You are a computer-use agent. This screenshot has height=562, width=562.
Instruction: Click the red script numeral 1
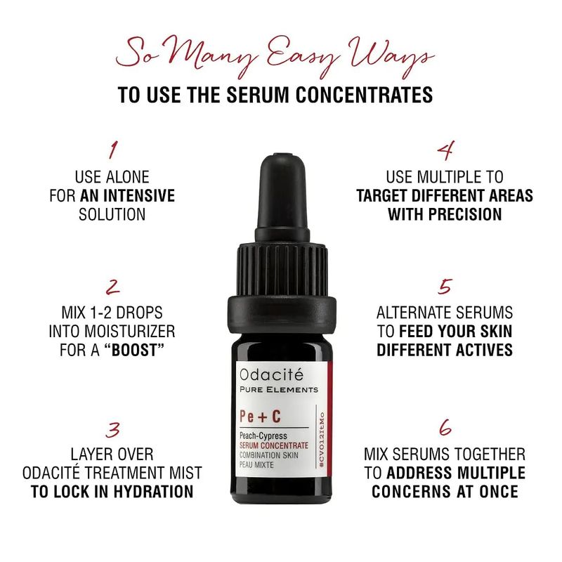click(113, 150)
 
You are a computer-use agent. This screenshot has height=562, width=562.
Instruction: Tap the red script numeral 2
click(113, 287)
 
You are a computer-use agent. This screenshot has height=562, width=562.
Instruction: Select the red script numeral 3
click(113, 429)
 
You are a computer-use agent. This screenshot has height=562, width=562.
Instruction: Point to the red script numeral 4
click(445, 150)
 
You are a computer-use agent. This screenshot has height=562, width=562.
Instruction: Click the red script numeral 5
click(445, 287)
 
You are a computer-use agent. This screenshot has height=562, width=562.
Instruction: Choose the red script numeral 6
click(445, 427)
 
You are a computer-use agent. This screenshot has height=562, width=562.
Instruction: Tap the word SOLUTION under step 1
click(112, 214)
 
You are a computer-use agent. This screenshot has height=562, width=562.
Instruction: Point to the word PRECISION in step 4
click(465, 214)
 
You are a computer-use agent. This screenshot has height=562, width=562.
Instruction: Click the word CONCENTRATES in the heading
click(365, 95)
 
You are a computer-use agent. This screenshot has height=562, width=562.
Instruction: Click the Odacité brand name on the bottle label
click(271, 374)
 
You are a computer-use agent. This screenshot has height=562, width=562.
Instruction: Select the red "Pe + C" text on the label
click(260, 417)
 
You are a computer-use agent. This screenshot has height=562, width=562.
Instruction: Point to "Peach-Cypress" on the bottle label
click(263, 436)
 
